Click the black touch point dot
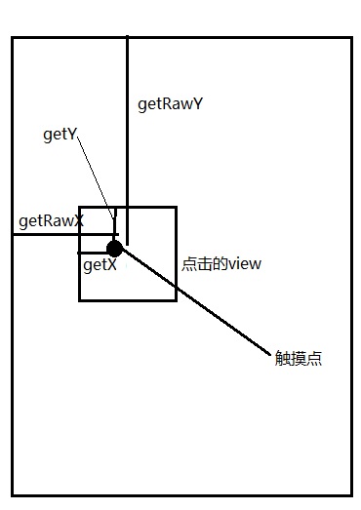click(115, 249)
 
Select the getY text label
click(60, 135)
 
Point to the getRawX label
click(51, 221)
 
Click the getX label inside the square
click(100, 264)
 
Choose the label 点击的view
click(221, 263)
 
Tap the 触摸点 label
click(299, 358)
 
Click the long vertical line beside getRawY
click(127, 117)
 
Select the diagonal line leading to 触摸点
click(195, 302)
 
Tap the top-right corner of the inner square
click(176, 207)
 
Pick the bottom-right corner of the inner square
click(176, 300)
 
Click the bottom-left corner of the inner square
click(80, 300)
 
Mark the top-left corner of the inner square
click(80, 207)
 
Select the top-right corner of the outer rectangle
click(350, 38)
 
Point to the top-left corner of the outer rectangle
click(13, 38)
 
